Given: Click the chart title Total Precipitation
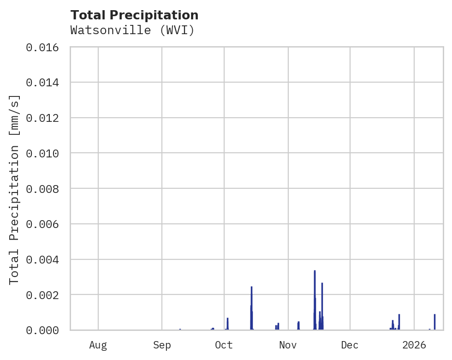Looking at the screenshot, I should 134,15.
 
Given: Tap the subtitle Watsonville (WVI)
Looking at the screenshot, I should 132,30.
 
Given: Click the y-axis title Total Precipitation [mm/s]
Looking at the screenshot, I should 15,189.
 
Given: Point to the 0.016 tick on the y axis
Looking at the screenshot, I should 45,47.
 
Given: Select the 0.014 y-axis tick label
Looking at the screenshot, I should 45,83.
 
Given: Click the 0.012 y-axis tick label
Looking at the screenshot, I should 45,118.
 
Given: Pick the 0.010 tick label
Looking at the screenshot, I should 45,153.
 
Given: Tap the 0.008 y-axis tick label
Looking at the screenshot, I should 45,189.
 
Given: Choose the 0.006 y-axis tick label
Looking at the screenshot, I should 45,224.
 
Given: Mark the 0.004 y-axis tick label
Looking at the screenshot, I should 45,259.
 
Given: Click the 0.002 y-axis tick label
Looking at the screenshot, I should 45,294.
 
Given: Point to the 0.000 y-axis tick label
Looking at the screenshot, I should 45,330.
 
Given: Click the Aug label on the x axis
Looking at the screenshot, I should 98,345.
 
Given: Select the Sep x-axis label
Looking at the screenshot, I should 162,345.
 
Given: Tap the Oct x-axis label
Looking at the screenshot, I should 224,345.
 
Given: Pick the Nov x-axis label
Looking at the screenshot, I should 288,345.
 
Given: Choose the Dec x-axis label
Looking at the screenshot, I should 350,345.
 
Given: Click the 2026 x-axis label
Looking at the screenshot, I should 414,345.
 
